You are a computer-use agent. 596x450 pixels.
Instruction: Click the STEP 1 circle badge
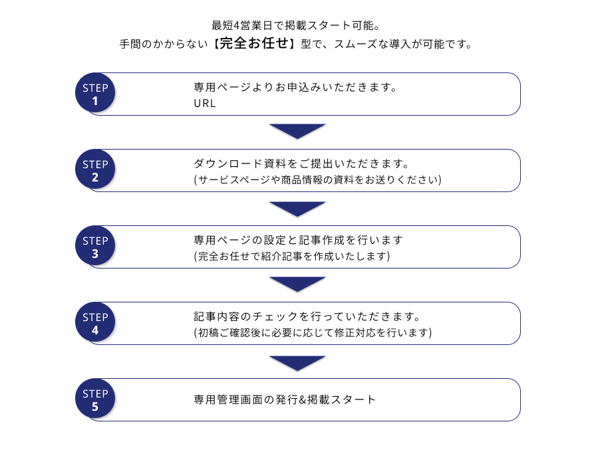point(95,92)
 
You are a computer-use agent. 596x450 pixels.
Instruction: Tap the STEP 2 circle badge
point(95,169)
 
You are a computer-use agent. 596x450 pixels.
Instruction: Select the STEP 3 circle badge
point(95,246)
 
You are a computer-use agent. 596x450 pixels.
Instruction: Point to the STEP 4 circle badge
point(95,322)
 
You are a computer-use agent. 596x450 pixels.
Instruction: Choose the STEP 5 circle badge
point(95,399)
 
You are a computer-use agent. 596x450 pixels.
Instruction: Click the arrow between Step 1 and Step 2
point(297,131)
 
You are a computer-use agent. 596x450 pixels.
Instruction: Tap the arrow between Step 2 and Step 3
point(297,209)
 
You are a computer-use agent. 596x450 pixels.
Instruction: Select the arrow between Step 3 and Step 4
point(297,284)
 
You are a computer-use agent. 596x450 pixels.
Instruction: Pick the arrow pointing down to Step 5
point(297,363)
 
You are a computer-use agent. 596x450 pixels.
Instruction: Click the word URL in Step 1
point(205,103)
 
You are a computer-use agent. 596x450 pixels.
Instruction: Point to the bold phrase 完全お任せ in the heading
point(254,43)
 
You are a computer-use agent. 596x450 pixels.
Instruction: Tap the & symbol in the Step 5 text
point(303,399)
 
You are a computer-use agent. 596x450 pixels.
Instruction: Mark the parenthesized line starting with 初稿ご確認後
point(313,332)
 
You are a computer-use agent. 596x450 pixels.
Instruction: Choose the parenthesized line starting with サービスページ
point(318,179)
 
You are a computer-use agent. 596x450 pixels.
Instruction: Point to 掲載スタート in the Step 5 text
point(341,399)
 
